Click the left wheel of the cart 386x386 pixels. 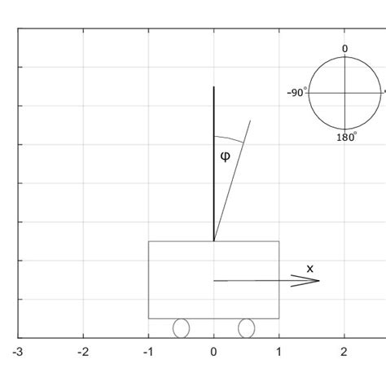tap(181, 327)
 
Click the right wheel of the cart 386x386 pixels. tap(246, 327)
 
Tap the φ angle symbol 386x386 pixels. tap(226, 156)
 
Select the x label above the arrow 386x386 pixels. tap(309, 268)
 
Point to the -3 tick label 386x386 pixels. tap(18, 352)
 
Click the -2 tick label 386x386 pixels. tap(83, 352)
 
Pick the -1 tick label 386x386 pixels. tap(147, 352)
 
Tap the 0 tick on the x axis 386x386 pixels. tap(213, 352)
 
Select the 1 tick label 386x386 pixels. tap(279, 352)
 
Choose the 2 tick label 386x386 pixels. tap(344, 352)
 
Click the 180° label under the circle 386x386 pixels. tap(346, 138)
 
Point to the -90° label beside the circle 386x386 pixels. tap(296, 93)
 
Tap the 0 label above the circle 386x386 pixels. tap(344, 49)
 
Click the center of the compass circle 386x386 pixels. tap(344, 93)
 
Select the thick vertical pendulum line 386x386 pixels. tap(213, 163)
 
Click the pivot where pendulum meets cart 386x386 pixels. tap(213, 241)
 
